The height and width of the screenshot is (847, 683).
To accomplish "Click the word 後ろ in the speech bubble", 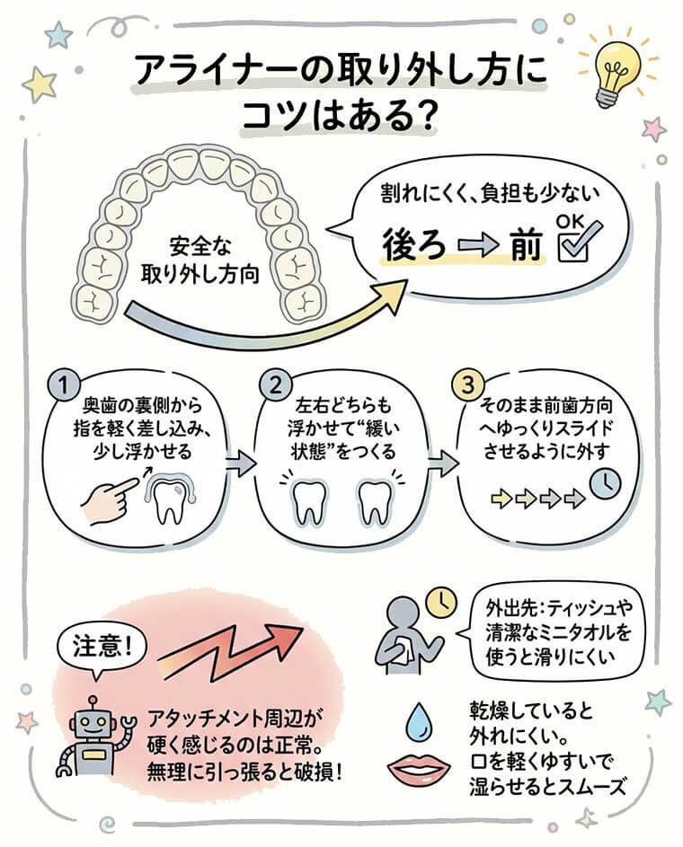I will coord(414,244).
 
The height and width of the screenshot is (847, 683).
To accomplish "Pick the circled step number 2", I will coord(272,386).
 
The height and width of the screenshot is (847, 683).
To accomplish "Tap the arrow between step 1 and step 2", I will coord(237,463).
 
